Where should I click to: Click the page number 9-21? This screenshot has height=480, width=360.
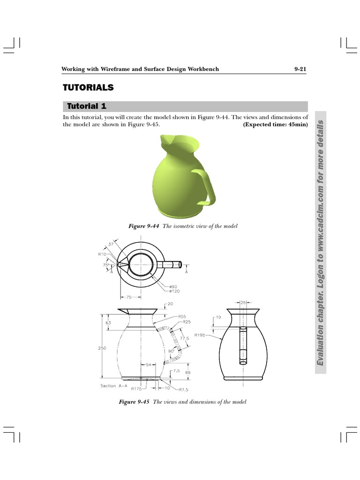[300, 69]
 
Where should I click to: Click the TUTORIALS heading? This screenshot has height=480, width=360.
[89, 88]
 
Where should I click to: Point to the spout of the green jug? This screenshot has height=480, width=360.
[165, 139]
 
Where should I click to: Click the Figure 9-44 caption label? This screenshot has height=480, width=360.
[144, 226]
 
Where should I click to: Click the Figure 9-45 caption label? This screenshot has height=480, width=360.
[134, 402]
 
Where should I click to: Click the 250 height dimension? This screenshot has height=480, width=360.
[102, 348]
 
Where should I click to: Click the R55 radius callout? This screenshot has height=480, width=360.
[182, 317]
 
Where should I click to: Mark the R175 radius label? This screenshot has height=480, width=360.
[136, 389]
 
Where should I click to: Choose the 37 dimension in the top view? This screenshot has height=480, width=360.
[111, 244]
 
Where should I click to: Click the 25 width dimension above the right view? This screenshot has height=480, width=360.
[243, 303]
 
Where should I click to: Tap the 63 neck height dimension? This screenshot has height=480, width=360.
[108, 323]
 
